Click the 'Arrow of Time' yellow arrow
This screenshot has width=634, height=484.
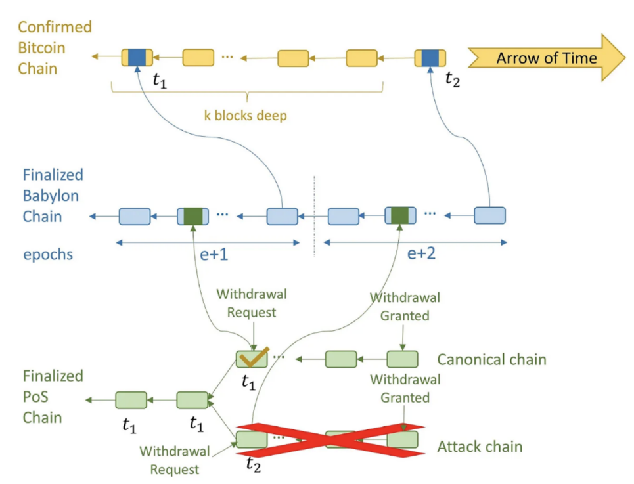pos(547,58)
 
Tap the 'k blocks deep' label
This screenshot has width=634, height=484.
pos(246,116)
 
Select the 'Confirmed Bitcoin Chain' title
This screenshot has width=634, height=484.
pos(55,48)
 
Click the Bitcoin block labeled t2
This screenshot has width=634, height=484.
pos(430,58)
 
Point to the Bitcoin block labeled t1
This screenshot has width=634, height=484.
pos(137,57)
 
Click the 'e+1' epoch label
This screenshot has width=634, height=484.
pos(214,255)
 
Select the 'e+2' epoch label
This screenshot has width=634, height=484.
pos(421,253)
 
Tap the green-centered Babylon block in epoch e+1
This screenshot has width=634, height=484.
pos(193,216)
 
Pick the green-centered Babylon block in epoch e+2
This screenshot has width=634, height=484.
pos(400,216)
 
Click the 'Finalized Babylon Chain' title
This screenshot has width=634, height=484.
pos(53,196)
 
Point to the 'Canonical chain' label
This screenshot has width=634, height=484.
pos(491,359)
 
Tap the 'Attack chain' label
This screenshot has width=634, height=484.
pos(480,447)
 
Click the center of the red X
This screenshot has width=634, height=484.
pos(330,440)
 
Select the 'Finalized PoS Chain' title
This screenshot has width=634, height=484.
pos(53,397)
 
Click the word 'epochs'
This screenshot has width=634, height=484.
pos(48,255)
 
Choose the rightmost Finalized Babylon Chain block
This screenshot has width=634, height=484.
pos(489,215)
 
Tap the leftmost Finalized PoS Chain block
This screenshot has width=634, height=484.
pos(131,400)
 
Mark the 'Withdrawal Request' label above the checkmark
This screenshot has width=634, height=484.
pos(252,303)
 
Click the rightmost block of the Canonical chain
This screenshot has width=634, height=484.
pos(402,359)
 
